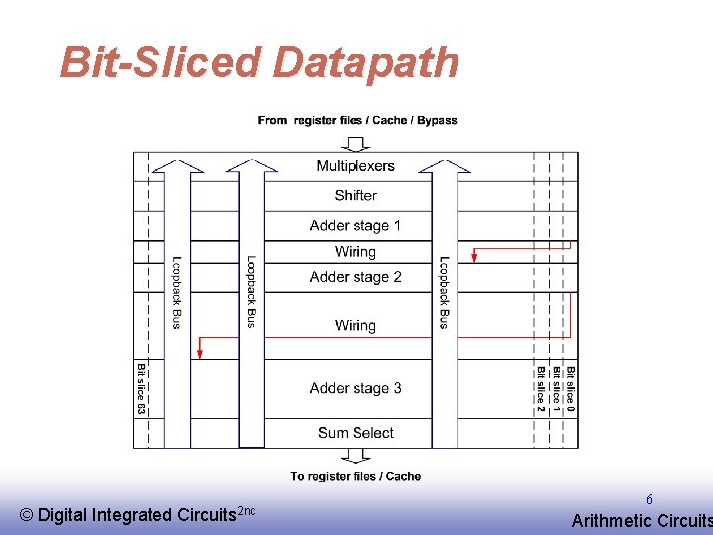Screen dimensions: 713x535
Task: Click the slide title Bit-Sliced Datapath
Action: pos(259,61)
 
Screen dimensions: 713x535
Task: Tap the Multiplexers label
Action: pos(356,166)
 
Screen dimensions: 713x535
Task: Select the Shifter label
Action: pos(356,195)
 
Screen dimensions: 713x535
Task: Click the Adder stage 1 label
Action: pos(356,225)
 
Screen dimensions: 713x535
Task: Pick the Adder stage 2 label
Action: pos(356,277)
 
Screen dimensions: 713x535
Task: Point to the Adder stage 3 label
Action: pos(356,388)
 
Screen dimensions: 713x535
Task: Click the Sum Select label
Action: pos(356,433)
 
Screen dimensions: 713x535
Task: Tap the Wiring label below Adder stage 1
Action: pos(356,252)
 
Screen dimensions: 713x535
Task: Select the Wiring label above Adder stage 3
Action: pos(356,325)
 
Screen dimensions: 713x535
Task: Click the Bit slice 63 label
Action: pos(142,388)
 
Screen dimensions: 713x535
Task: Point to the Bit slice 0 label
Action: pos(570,388)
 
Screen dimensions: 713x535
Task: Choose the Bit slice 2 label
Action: pos(541,388)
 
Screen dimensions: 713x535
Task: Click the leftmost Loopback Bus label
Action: pos(177,293)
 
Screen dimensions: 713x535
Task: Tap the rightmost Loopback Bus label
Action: pos(444,293)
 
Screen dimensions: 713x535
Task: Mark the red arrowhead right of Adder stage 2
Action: pos(474,257)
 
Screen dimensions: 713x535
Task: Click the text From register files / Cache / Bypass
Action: pos(357,120)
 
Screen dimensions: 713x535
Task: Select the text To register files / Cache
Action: pos(356,476)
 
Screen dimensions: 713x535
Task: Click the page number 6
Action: pos(649,501)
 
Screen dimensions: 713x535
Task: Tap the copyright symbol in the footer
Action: pos(27,514)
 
